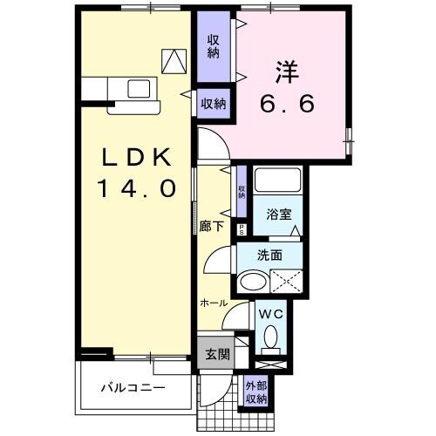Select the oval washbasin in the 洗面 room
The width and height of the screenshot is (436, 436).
tap(254, 282)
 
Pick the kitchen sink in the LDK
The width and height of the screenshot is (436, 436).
tap(138, 87)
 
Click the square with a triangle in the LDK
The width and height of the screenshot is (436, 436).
tap(175, 60)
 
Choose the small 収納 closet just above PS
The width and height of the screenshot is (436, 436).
tap(242, 190)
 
